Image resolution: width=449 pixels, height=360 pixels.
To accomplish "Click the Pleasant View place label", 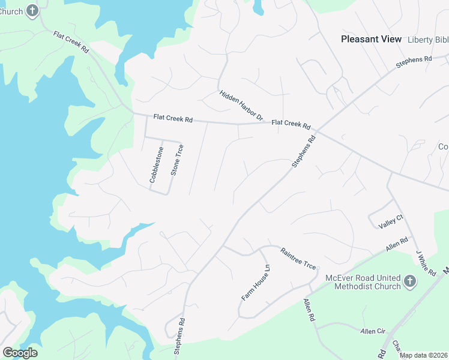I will [370, 39].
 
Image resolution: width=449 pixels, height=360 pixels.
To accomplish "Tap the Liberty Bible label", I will [427, 40].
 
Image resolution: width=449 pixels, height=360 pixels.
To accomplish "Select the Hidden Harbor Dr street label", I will [241, 105].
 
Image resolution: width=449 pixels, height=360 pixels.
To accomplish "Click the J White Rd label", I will [426, 264].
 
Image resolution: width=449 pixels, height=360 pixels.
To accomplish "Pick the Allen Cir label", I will [372, 331].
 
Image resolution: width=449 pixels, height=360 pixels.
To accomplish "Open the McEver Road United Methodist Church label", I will [362, 282].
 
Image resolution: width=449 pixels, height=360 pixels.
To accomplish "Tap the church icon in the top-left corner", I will [32, 10].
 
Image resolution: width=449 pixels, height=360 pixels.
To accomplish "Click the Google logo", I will [20, 352].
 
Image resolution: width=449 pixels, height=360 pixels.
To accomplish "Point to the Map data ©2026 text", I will [424, 355].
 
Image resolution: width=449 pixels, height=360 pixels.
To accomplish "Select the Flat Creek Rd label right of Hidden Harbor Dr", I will [291, 124].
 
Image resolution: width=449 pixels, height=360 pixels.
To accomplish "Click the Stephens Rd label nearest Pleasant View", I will [414, 62].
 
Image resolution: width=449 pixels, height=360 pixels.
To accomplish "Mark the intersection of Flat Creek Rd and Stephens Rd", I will [316, 130].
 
